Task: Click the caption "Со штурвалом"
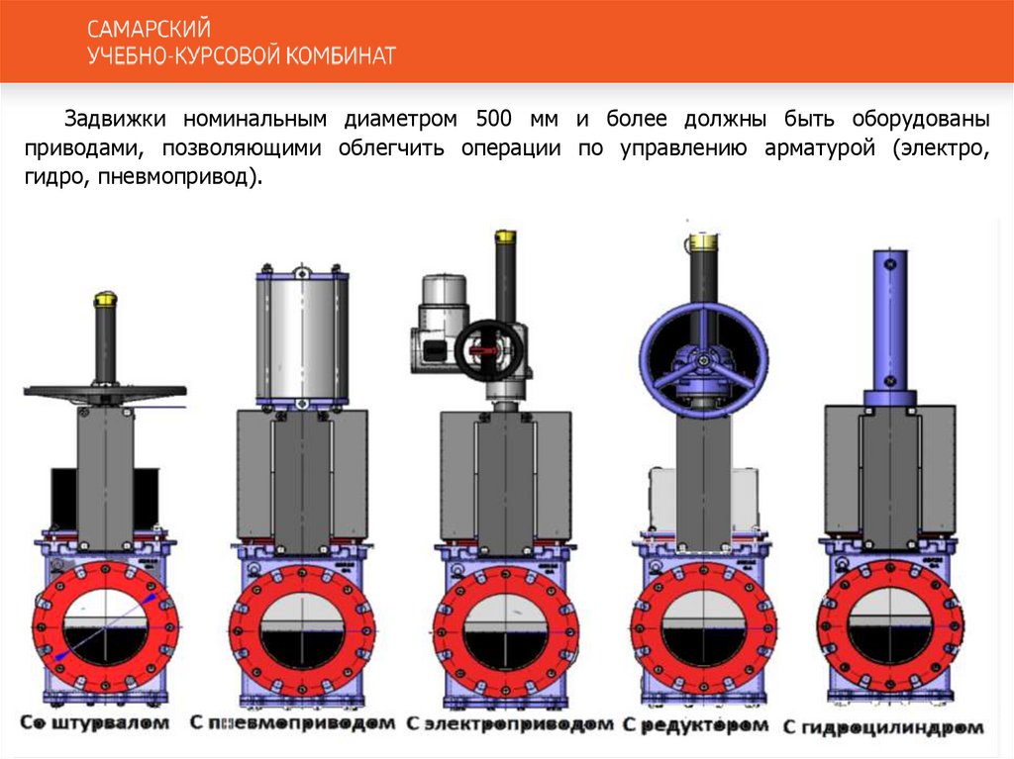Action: point(94,722)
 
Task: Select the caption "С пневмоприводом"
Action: point(292,722)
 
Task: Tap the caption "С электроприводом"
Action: point(510,724)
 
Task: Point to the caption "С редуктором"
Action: point(696,725)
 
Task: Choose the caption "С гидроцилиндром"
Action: point(883,727)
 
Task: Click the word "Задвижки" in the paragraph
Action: point(115,119)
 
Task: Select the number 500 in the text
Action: point(493,119)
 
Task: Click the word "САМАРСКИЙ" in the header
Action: point(149,29)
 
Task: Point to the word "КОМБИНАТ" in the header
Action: point(341,55)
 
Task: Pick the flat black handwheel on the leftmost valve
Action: point(105,392)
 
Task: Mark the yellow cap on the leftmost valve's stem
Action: point(105,299)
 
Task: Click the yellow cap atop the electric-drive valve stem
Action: point(505,236)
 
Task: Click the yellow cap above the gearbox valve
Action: point(703,241)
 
